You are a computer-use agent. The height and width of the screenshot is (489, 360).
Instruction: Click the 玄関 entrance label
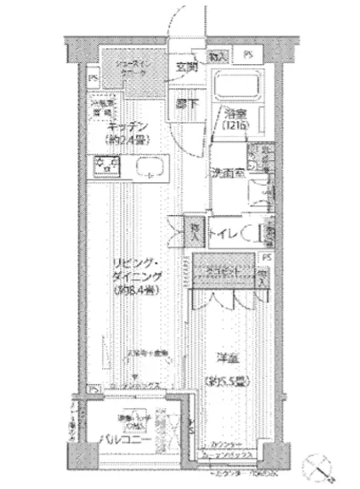click(x=186, y=68)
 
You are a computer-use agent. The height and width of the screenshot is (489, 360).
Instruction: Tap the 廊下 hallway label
click(x=186, y=102)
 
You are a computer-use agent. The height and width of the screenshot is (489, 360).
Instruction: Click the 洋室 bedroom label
click(x=228, y=357)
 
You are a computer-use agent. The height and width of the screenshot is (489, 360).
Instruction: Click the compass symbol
click(x=324, y=464)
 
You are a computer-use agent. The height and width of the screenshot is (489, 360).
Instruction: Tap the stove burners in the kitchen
click(x=105, y=164)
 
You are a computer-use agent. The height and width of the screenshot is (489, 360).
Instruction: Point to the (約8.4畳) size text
click(x=135, y=291)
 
